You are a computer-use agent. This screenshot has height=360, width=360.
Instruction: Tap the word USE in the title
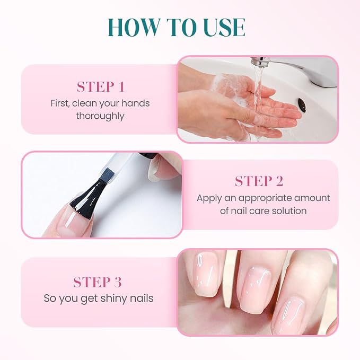pos(224,27)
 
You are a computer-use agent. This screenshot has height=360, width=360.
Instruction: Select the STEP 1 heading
pos(100,87)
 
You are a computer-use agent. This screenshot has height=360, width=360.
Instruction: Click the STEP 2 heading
pos(259,181)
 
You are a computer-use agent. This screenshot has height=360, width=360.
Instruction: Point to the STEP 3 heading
pos(98,282)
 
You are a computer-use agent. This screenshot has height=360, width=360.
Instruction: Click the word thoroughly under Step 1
pos(100,116)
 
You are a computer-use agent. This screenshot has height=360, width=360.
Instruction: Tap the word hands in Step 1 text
pos(135,103)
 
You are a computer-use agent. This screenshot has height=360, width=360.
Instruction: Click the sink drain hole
pos(302,105)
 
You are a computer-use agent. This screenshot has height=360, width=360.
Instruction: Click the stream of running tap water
pos(258,96)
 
